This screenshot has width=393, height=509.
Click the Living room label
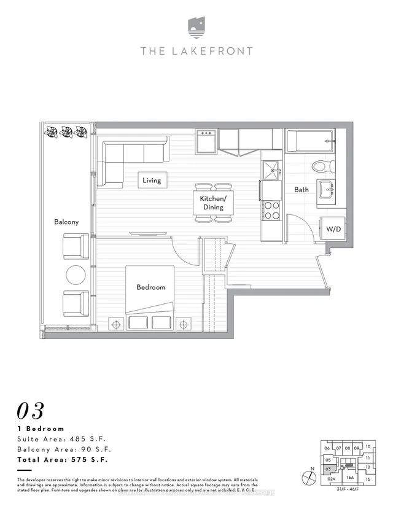click(x=152, y=181)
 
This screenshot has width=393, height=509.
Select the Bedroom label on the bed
click(x=150, y=287)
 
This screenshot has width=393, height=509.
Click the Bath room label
click(x=301, y=190)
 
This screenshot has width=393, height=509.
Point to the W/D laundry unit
click(x=333, y=229)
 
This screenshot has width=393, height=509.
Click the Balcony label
click(x=66, y=222)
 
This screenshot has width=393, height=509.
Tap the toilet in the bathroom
click(x=322, y=166)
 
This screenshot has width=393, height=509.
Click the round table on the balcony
click(x=76, y=274)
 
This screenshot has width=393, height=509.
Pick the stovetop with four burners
click(x=271, y=211)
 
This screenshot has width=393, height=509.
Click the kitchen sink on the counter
click(x=270, y=169)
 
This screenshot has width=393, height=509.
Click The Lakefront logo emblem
click(x=196, y=28)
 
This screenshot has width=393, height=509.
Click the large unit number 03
click(x=32, y=410)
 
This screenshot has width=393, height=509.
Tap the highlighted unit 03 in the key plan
click(x=329, y=469)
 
